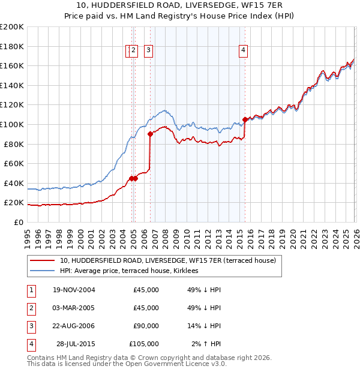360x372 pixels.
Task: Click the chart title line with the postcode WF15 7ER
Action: click(180, 5)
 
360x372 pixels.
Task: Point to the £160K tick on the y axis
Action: click(12, 65)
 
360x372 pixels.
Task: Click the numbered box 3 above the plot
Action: click(148, 51)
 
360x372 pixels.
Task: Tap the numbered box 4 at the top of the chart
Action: click(244, 51)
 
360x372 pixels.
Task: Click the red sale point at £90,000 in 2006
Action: click(150, 134)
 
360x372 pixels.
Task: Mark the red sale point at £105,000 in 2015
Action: click(245, 119)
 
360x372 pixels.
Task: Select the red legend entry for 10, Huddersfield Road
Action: click(167, 260)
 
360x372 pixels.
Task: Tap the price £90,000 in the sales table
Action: click(146, 326)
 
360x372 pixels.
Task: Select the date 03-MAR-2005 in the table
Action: click(74, 308)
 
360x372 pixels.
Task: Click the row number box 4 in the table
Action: click(30, 344)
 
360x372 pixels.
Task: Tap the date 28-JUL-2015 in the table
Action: click(76, 344)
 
